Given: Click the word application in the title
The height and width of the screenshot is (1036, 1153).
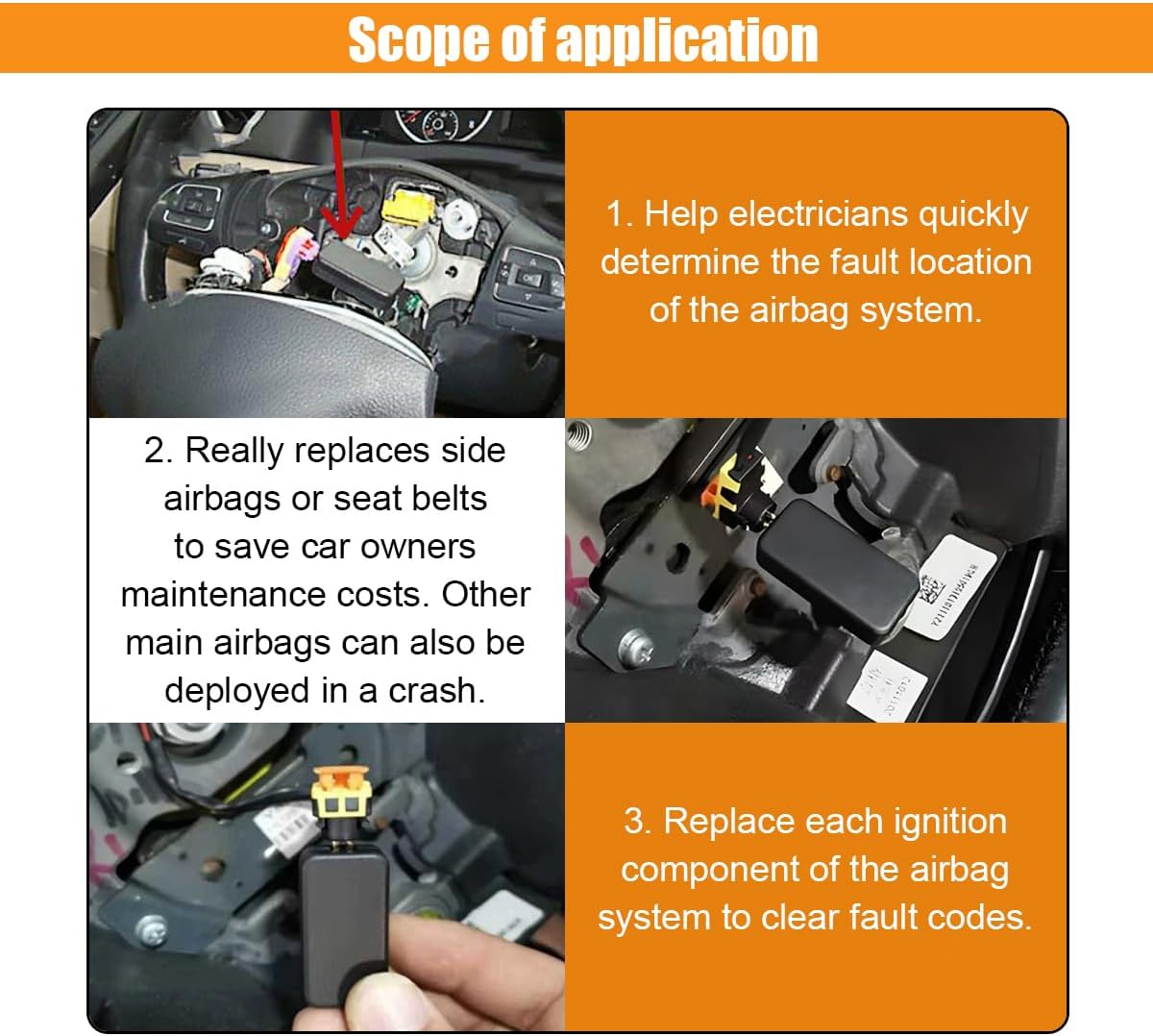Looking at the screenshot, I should [x=687, y=40].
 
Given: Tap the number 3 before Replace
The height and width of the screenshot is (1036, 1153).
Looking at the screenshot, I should [x=635, y=821].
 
